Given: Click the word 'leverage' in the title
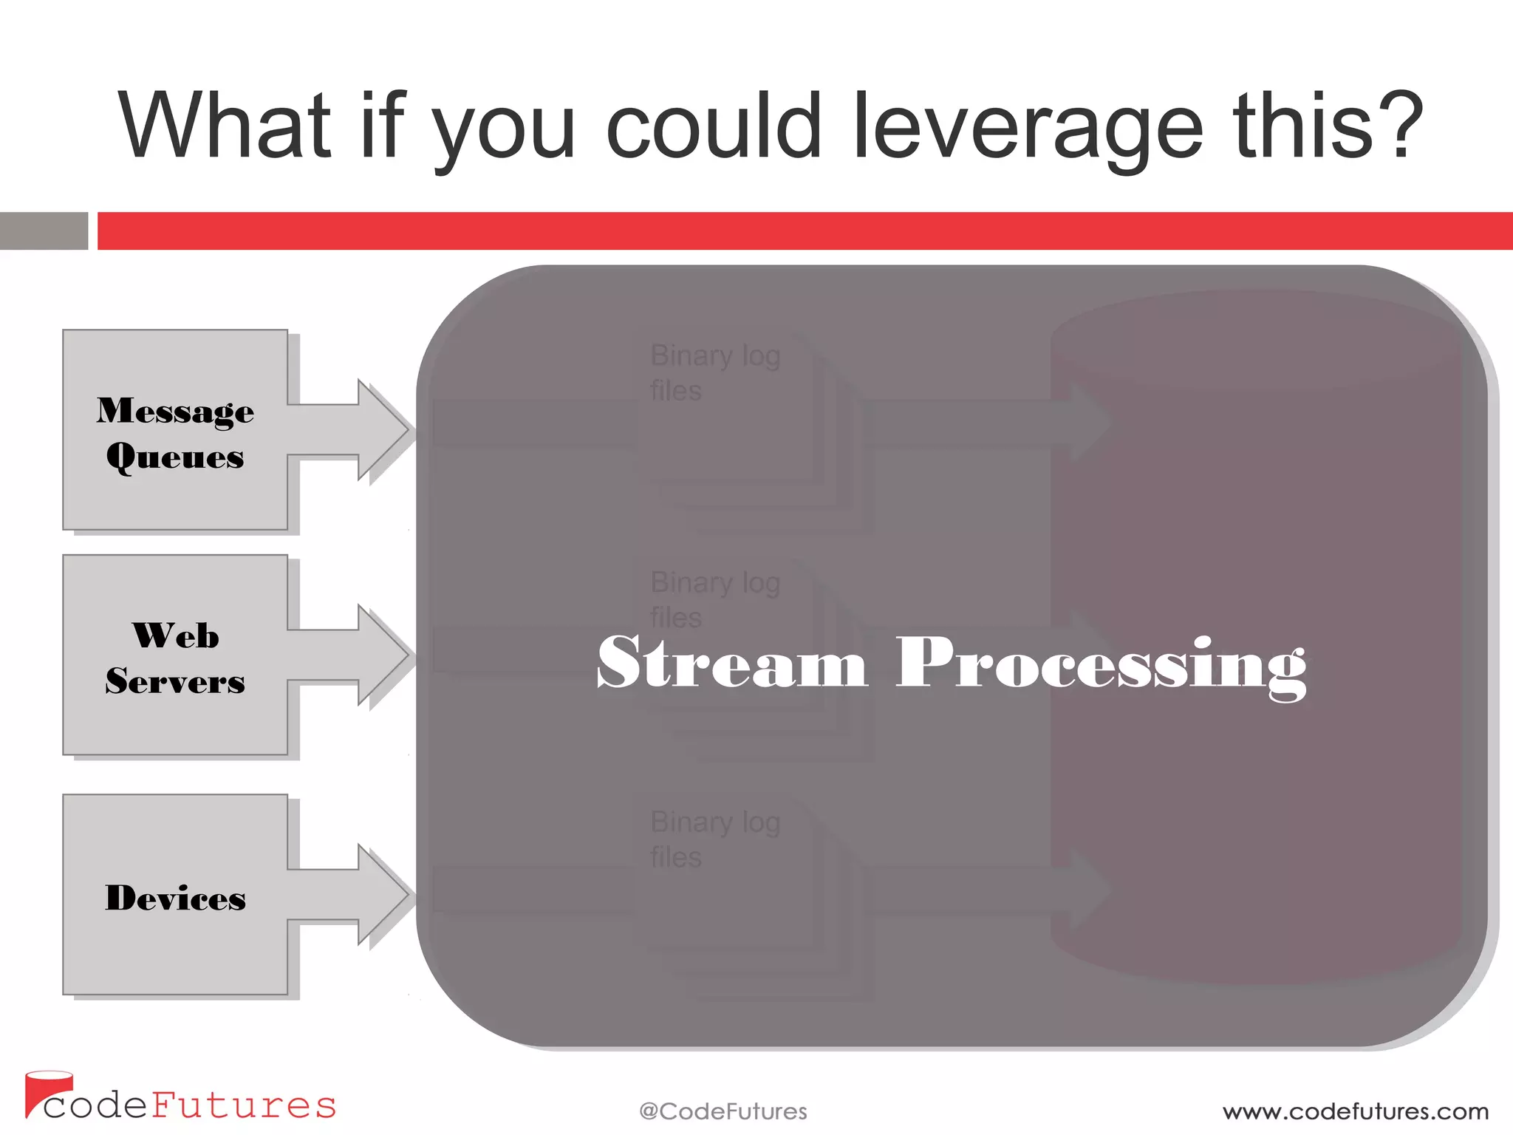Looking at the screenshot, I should tap(1027, 127).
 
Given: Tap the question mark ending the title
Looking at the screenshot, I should tap(1396, 124).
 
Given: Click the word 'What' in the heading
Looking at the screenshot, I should tap(225, 126).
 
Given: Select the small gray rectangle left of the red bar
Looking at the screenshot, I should tap(44, 231).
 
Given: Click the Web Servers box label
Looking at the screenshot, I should tap(175, 658).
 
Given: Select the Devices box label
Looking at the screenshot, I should tap(175, 898).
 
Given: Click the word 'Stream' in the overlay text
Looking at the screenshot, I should tap(731, 663).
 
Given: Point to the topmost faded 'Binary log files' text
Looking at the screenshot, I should tap(714, 372).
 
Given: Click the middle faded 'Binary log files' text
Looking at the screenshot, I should tap(714, 599).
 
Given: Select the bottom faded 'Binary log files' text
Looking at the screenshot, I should tap(714, 839).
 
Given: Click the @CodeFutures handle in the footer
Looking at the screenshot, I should tap(723, 1111).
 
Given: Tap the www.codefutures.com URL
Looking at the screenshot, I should tap(1356, 1111).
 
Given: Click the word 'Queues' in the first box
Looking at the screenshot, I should tap(175, 457).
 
